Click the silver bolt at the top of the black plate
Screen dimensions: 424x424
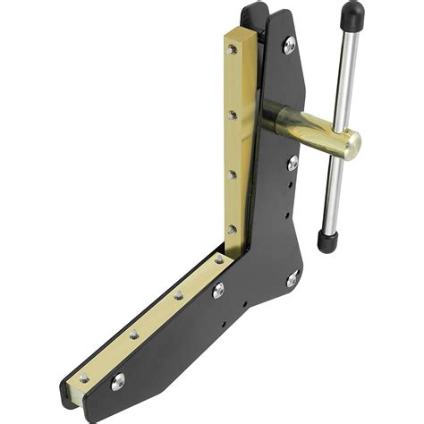click(289, 45)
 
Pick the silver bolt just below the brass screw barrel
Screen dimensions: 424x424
click(293, 163)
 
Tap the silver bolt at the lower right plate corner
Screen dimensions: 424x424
click(292, 280)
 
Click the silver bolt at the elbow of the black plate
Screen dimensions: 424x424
click(218, 290)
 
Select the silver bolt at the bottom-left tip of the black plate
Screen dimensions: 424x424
click(116, 380)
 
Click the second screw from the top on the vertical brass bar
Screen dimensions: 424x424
click(233, 114)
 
